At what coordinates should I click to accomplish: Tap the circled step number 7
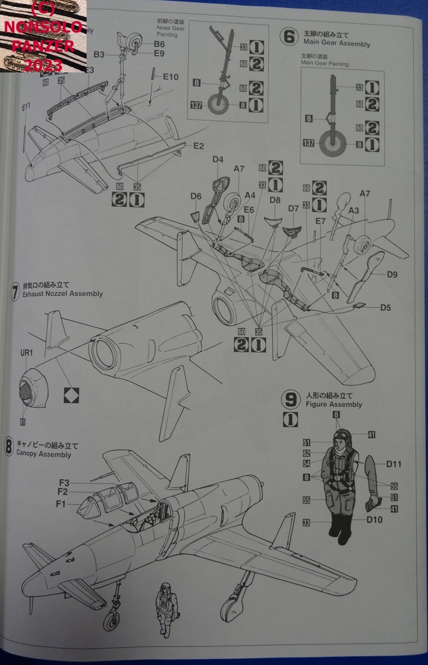15,291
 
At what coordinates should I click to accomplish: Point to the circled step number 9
291,400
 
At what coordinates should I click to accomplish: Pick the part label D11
394,464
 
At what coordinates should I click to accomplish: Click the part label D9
392,274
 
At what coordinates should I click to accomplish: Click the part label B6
159,44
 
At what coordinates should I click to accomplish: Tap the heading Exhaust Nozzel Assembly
63,293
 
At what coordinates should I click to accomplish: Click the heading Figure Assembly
334,404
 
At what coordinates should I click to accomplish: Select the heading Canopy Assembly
44,454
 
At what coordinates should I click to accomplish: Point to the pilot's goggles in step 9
343,434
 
